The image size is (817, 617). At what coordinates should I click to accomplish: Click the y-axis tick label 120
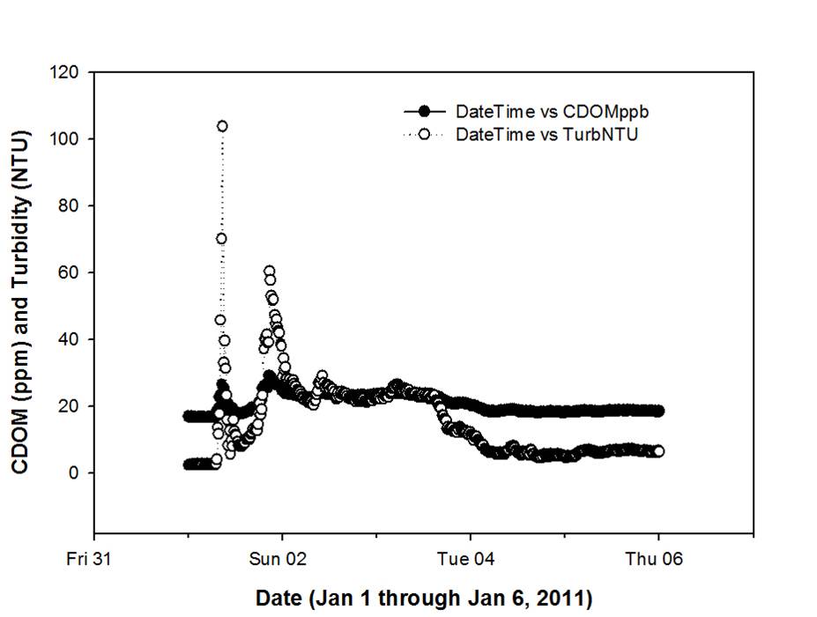65,72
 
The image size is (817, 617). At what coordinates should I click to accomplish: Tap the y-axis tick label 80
69,205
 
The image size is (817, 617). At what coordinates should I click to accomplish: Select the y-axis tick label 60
69,272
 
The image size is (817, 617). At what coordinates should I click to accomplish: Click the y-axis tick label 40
69,339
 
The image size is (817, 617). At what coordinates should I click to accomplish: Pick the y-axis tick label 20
69,405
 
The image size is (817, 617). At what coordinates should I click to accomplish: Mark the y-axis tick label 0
73,472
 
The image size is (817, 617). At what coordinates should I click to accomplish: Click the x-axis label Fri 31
93,559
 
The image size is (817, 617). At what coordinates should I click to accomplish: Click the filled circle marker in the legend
425,112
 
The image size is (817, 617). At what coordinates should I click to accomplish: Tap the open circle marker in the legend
425,135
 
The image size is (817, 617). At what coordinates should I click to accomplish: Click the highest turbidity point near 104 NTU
222,126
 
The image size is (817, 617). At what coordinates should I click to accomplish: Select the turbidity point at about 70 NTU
221,238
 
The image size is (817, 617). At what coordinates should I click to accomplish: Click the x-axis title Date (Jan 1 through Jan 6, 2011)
424,598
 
